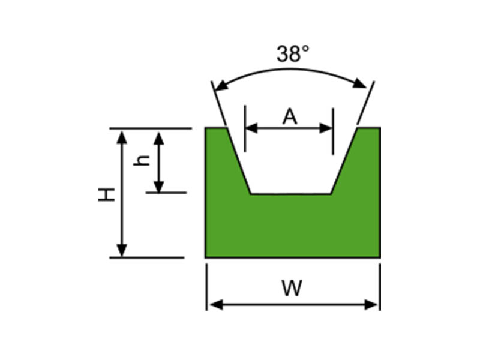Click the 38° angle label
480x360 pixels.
coord(293,55)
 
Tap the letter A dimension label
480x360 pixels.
coord(290,117)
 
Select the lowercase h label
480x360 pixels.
coord(142,160)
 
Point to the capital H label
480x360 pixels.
coord(107,194)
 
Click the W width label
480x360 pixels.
coord(292,289)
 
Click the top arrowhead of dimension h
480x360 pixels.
coord(159,137)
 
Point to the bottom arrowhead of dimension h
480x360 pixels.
coord(159,185)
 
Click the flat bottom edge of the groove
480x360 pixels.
coord(290,194)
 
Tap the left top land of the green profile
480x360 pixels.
coord(216,128)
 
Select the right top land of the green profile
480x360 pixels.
coord(368,128)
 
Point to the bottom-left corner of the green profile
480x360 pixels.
coord(206,257)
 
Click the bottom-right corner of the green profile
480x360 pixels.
coord(379,257)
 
